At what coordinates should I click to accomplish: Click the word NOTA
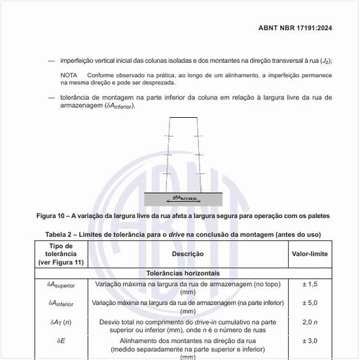click(x=69, y=75)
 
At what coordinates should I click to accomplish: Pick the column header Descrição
click(x=188, y=254)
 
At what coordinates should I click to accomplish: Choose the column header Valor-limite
click(x=310, y=254)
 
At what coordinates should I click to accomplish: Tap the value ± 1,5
click(x=310, y=285)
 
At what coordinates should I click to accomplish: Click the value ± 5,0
click(x=310, y=303)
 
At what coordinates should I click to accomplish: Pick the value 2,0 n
click(x=310, y=323)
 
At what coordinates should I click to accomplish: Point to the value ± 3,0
click(x=310, y=341)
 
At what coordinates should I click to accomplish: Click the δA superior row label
click(x=62, y=285)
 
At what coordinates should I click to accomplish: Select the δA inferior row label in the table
click(x=62, y=304)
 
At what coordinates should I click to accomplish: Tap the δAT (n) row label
click(x=62, y=323)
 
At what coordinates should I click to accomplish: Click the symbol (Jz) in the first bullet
click(x=325, y=61)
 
